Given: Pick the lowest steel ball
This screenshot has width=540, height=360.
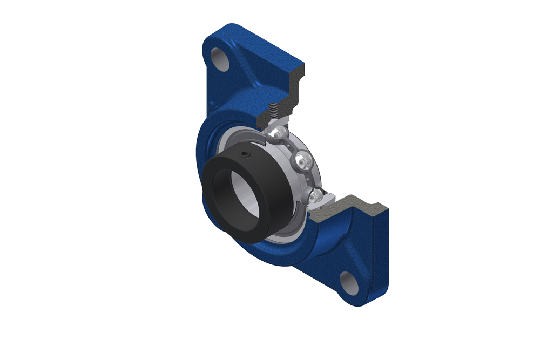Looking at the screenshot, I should click(x=317, y=195).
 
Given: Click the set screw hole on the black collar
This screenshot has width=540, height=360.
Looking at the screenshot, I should click(x=246, y=155).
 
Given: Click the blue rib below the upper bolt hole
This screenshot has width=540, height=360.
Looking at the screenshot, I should click(x=238, y=81).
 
